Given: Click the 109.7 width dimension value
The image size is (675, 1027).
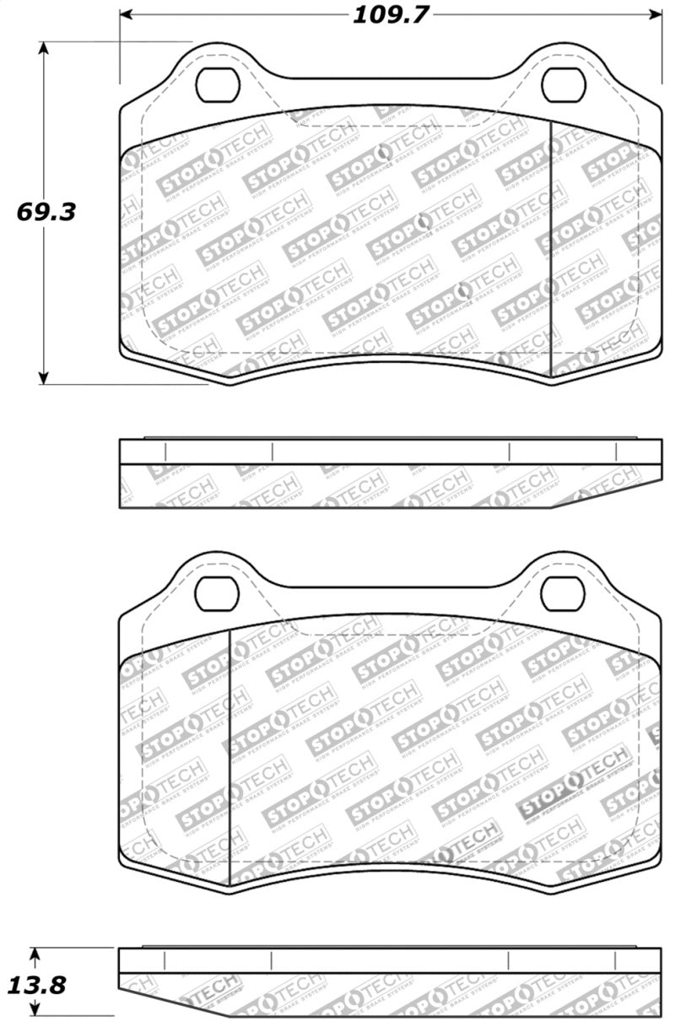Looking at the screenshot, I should [x=391, y=14].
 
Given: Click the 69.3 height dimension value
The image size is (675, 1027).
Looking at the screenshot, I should [x=46, y=211].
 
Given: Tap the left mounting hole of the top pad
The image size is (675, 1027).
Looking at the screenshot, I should [x=219, y=82].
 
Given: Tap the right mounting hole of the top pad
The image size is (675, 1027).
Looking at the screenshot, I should [x=559, y=82].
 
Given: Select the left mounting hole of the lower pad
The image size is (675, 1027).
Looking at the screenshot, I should [x=219, y=592].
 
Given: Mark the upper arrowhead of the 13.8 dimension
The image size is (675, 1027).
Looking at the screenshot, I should [x=35, y=954].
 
